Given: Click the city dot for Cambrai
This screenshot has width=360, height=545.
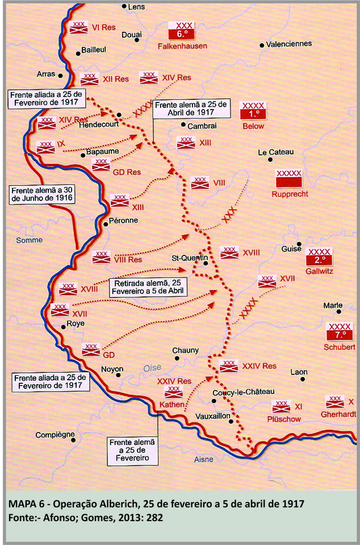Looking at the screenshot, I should (x=183, y=125).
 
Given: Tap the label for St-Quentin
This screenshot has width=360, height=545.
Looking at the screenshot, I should (x=190, y=259).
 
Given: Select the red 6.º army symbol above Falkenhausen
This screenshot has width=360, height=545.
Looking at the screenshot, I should (x=185, y=31).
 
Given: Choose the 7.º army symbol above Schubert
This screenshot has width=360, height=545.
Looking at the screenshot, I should (x=340, y=331).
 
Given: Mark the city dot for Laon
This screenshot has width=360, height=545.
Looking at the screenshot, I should (x=303, y=379).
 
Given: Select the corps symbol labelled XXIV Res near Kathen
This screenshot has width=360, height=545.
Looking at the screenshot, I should (x=173, y=392).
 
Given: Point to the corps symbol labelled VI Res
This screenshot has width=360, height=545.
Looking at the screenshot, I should (x=77, y=27).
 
